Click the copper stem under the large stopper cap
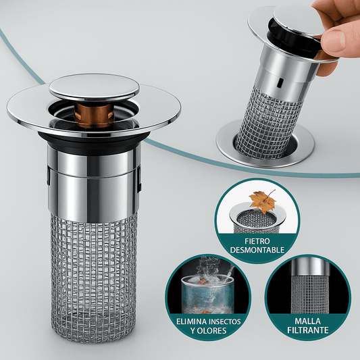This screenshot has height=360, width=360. point(95,115)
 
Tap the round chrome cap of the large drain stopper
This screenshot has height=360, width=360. point(94,87)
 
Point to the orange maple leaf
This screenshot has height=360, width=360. point(263,201)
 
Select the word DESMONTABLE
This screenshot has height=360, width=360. point(257,250)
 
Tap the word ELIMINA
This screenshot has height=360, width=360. point(189,322)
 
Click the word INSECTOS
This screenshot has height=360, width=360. point(223,322)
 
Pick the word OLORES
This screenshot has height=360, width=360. point(211,330)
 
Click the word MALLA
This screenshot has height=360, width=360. point(307,321)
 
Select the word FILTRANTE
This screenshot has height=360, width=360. point(308,330)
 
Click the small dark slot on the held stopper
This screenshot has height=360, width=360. point(280,82)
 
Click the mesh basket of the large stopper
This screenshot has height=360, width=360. point(94,278)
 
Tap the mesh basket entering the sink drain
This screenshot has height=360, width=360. point(269,124)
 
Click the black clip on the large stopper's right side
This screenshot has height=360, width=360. point(139,179)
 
